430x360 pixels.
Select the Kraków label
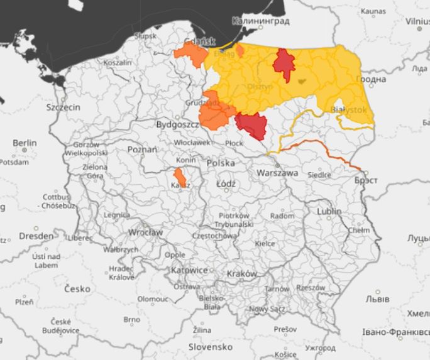[x=242, y=274]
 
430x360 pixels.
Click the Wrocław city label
[x=145, y=232]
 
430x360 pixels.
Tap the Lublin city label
[x=329, y=211]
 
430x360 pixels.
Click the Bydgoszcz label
[x=177, y=125]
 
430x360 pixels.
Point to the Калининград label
[x=260, y=21]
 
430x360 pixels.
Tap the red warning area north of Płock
[x=254, y=126]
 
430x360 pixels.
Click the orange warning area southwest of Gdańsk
[x=191, y=56]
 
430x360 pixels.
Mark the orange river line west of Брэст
[x=327, y=151]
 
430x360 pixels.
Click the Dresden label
[x=36, y=236]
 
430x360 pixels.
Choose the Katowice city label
[x=189, y=270]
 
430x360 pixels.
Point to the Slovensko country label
[x=210, y=347]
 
